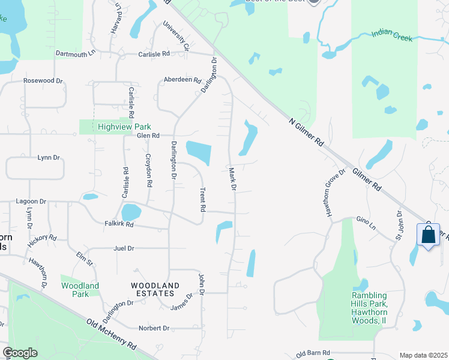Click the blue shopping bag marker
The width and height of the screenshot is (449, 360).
click(x=428, y=235)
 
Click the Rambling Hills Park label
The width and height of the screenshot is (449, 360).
click(x=369, y=308)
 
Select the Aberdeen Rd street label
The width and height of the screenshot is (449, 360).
click(x=183, y=80)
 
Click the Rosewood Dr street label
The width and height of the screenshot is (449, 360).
click(x=43, y=80)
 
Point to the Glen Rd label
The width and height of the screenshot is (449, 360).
click(x=148, y=136)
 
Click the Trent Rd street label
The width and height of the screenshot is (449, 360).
click(x=203, y=200)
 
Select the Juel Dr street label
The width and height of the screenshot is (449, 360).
click(x=123, y=248)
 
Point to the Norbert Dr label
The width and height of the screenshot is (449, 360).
click(x=154, y=328)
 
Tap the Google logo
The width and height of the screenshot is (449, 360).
click(x=20, y=353)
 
